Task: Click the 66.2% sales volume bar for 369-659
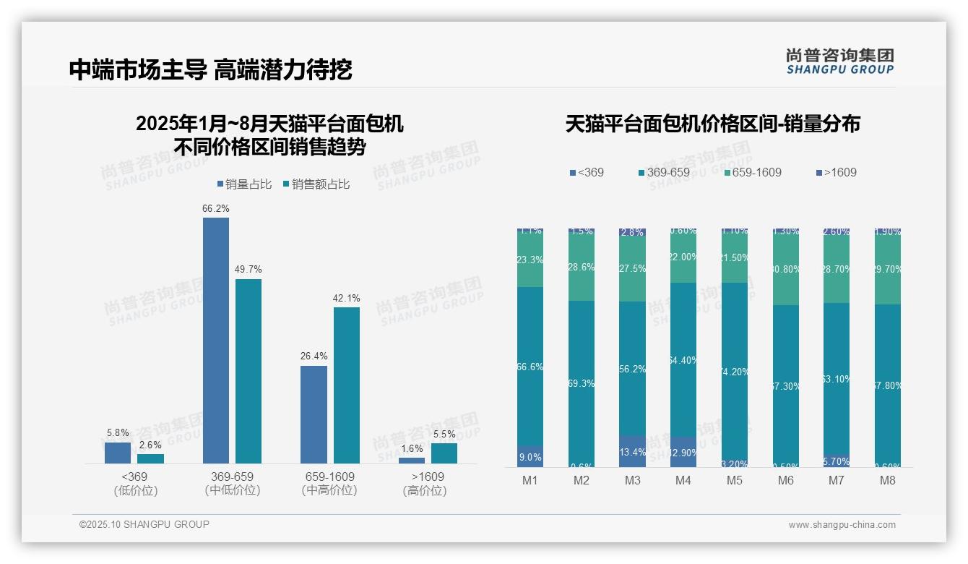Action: click(x=215, y=340)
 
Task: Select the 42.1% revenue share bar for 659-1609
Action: click(x=346, y=385)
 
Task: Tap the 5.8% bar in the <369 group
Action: click(x=118, y=453)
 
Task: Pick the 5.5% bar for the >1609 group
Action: click(x=444, y=453)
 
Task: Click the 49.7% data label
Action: click(x=248, y=270)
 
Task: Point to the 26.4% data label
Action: click(x=314, y=356)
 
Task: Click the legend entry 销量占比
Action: click(x=244, y=184)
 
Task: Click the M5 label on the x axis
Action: click(x=735, y=481)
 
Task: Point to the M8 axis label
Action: click(x=887, y=481)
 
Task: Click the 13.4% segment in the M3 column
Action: click(x=632, y=451)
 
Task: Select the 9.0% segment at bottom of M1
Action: click(x=530, y=456)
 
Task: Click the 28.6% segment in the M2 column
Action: click(x=581, y=267)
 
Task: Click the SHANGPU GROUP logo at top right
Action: click(x=839, y=61)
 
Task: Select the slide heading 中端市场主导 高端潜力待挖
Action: click(x=211, y=69)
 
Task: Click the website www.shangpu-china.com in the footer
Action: click(x=842, y=525)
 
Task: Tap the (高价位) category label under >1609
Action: click(x=424, y=491)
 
